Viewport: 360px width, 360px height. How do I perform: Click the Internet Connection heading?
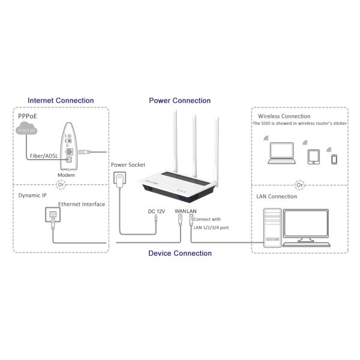61,101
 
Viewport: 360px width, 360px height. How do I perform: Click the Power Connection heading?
180,101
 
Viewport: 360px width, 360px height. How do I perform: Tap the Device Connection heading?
180,253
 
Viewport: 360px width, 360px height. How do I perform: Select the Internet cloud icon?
26,128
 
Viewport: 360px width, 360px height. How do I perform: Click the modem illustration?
68,146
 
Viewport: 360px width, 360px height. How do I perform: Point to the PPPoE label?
28,116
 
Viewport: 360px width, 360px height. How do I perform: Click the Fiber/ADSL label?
44,156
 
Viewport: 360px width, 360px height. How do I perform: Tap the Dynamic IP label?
32,196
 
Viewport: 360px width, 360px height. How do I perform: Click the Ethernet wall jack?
53,215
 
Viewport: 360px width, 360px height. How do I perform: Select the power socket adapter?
120,179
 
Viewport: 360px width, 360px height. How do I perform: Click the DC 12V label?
157,211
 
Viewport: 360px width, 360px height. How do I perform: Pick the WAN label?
181,211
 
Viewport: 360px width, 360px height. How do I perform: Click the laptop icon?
282,153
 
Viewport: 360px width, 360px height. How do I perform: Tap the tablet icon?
314,157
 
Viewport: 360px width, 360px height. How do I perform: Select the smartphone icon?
334,160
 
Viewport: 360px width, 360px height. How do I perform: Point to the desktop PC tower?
272,228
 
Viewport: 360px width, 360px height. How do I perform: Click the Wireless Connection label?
284,116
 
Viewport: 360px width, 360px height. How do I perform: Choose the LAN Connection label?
277,197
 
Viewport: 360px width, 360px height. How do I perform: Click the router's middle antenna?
194,146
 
